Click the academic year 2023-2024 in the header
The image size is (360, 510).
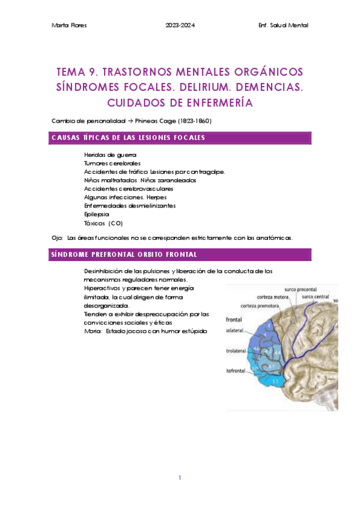(x=180, y=25)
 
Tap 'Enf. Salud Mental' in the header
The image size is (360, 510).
(x=282, y=25)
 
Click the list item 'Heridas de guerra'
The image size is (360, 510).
(x=107, y=155)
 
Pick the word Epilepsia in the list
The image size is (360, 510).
(x=97, y=214)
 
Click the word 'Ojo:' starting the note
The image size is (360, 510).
(x=58, y=238)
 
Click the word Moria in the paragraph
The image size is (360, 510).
(x=93, y=331)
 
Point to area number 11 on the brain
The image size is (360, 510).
(x=275, y=381)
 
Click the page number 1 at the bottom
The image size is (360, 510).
(x=180, y=478)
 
